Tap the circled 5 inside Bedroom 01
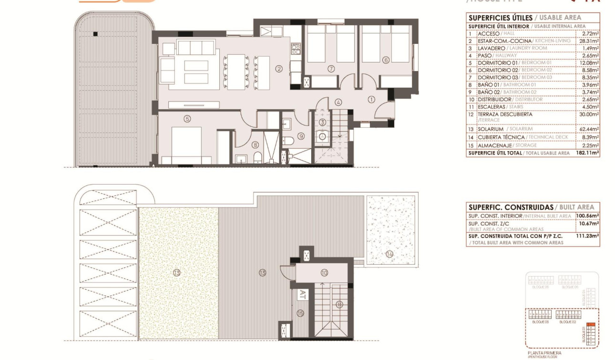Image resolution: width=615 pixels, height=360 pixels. (x=187, y=119)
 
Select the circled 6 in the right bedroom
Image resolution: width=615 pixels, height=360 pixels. (x=386, y=60)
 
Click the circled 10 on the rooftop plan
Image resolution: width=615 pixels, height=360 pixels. (x=324, y=273)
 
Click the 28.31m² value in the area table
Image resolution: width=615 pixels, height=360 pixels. (x=590, y=41)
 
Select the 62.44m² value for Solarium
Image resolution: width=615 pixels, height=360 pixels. (x=590, y=129)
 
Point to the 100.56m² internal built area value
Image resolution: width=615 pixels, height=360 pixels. (x=587, y=216)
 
